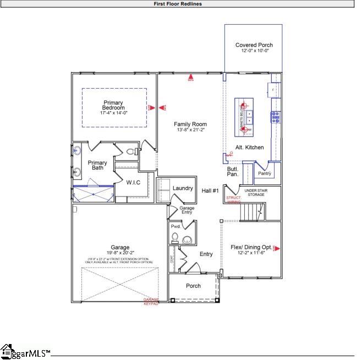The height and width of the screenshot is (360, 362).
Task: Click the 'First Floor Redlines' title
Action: click(x=177, y=4)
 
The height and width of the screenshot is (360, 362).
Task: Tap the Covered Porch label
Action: click(x=254, y=45)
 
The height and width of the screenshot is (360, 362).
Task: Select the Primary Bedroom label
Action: click(x=114, y=105)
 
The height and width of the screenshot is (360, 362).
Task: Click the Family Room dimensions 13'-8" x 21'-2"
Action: click(x=190, y=130)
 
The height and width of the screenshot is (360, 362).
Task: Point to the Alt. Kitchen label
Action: click(x=249, y=148)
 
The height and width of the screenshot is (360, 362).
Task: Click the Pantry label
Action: click(x=265, y=173)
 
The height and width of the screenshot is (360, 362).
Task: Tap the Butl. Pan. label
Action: click(x=233, y=171)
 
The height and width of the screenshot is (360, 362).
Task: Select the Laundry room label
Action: click(x=183, y=188)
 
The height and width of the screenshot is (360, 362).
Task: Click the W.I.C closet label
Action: click(x=134, y=182)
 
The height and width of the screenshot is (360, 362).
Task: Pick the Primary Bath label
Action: click(x=97, y=165)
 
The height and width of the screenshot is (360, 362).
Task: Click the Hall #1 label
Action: click(x=210, y=190)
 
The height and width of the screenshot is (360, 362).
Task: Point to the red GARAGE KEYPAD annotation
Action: click(x=151, y=302)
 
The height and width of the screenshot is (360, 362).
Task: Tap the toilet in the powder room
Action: click(x=175, y=238)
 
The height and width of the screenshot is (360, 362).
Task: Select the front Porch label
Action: click(x=193, y=286)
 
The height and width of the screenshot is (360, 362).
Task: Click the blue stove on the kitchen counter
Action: click(x=275, y=116)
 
